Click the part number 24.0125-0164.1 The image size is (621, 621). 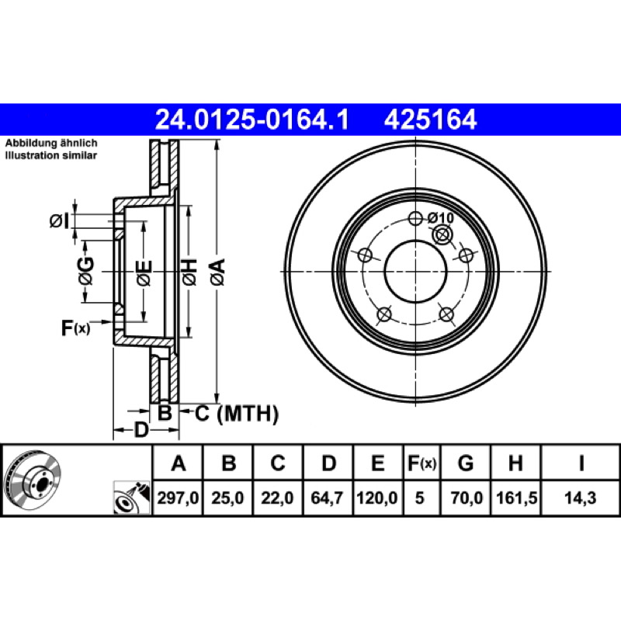pyautogui.click(x=252, y=120)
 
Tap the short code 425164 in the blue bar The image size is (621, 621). pyautogui.click(x=430, y=120)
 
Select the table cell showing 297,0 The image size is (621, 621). pyautogui.click(x=178, y=498)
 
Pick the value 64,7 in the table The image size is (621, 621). pyautogui.click(x=327, y=498)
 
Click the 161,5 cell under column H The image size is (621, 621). pyautogui.click(x=516, y=498)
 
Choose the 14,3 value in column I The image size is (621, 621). pyautogui.click(x=580, y=498)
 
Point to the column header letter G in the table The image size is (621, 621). pyautogui.click(x=466, y=463)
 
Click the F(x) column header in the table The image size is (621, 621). pyautogui.click(x=422, y=463)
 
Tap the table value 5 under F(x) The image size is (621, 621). pyautogui.click(x=419, y=498)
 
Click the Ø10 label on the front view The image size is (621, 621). pyautogui.click(x=440, y=217)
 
